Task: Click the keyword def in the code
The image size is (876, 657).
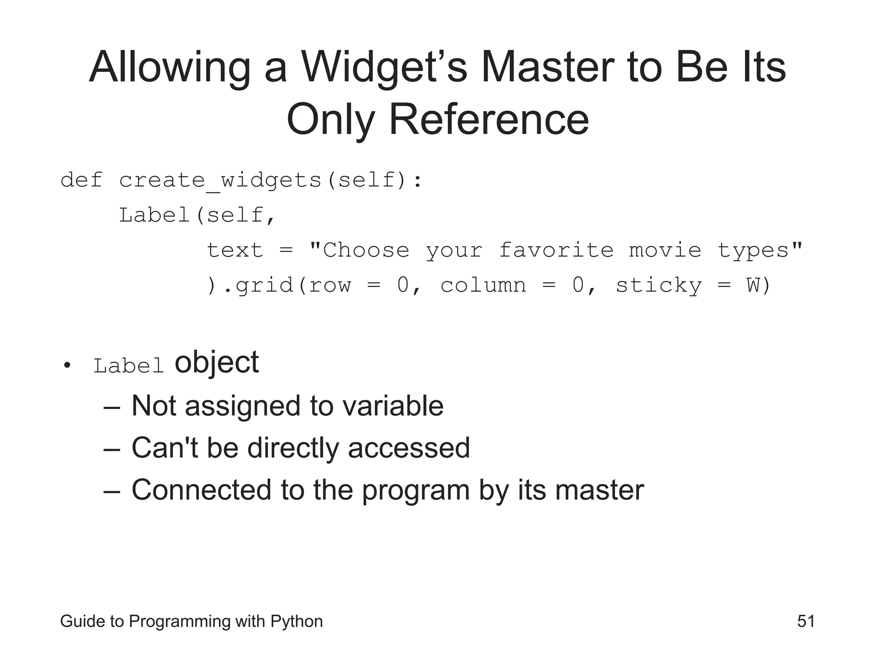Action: [x=81, y=180]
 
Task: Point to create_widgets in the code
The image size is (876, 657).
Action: [x=220, y=181]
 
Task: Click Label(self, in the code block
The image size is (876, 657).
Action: [x=197, y=215]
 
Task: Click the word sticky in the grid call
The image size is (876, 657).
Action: [x=658, y=286]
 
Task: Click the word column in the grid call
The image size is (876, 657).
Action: [x=483, y=285]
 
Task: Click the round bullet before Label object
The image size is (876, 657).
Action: [x=66, y=366]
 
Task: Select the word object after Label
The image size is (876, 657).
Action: [x=216, y=363]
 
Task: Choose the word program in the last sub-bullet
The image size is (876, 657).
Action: [x=416, y=490]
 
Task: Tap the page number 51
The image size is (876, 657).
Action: [x=806, y=621]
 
